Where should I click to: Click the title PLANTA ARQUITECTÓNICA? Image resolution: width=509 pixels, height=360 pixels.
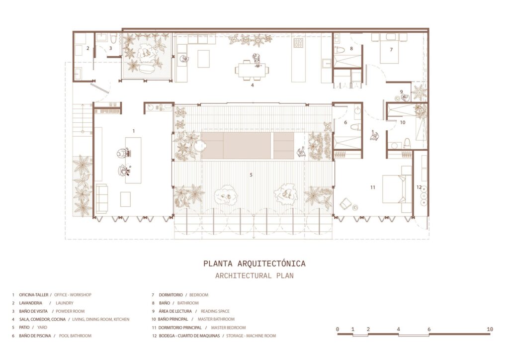254,264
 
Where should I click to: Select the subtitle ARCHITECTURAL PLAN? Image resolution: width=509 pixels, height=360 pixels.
254,275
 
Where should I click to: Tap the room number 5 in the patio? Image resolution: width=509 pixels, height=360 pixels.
251,175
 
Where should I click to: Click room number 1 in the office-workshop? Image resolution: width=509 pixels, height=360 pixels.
133,130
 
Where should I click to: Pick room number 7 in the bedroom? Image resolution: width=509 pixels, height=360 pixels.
391,50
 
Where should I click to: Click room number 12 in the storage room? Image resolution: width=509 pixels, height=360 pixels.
419,187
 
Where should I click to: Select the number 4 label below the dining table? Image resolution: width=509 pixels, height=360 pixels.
253,85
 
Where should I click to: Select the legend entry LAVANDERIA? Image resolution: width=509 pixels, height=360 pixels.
32,303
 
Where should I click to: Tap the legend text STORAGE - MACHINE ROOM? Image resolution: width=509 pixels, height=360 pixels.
251,336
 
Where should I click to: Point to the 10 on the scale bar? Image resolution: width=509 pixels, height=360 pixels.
490,329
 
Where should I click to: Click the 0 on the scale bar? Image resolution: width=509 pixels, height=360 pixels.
338,329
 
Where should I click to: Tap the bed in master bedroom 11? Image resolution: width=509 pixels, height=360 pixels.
395,188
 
